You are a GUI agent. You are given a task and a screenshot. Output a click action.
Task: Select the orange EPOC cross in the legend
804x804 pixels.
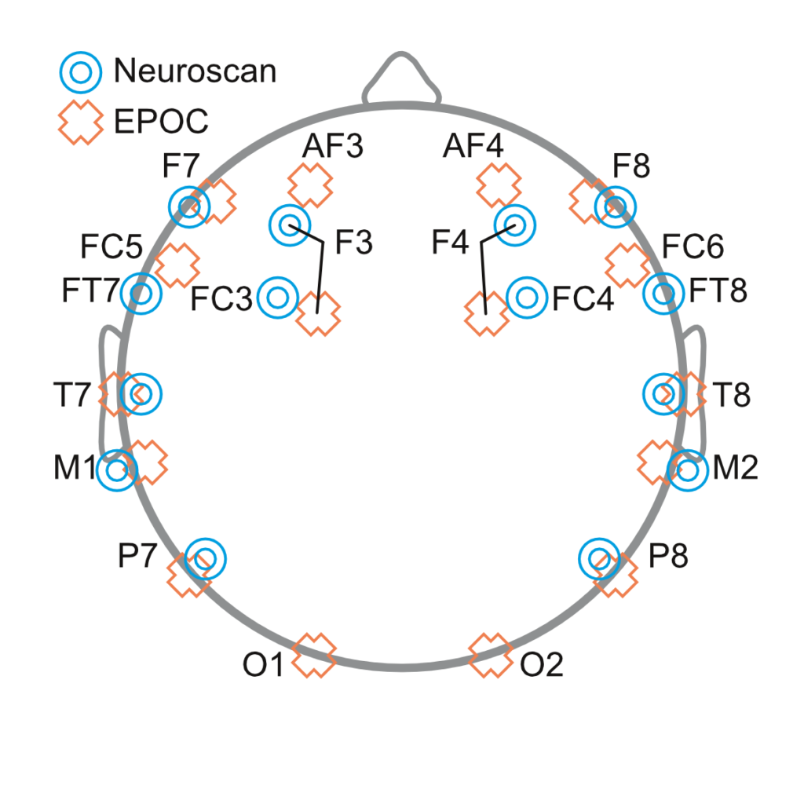pos(80,122)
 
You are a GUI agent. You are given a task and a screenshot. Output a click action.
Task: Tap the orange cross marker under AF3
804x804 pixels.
pos(310,186)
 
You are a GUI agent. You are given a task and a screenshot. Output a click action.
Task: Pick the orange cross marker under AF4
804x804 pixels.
pos(499,186)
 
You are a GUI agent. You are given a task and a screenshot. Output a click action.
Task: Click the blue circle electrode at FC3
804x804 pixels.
pos(278,298)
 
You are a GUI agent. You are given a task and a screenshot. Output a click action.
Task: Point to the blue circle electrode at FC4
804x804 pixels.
pos(528,298)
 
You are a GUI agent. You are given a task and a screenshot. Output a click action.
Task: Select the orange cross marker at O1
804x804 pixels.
pos(314,655)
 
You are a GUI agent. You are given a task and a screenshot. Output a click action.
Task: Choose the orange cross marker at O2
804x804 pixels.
pos(491,655)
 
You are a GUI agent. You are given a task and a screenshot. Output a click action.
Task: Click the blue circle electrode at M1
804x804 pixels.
pos(117,471)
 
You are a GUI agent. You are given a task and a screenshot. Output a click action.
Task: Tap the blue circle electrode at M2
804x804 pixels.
pos(688,471)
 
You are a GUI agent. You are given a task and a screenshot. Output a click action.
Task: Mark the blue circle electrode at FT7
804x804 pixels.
pos(141,294)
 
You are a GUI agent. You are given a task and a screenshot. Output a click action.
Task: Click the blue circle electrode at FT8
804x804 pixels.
pos(663,294)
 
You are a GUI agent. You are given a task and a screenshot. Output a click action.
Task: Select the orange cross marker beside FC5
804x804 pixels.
pos(177,265)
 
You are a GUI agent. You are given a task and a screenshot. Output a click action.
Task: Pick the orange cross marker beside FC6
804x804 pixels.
pos(627,265)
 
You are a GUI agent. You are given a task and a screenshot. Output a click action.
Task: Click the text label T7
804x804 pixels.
pos(72,395)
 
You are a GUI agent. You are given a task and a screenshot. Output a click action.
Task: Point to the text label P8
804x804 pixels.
pos(670,557)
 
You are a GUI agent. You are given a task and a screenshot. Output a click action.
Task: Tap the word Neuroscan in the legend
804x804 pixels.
pos(195,71)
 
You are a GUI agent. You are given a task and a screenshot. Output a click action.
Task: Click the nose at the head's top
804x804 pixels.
pos(402,79)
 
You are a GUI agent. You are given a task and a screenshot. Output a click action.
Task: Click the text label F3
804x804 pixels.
pos(353,243)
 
